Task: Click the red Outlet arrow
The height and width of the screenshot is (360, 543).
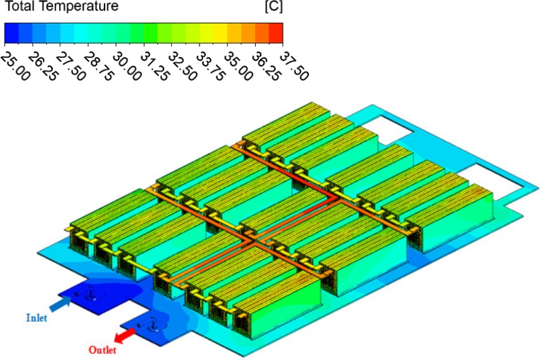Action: coord(125,336)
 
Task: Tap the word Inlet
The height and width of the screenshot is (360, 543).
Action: coord(37,317)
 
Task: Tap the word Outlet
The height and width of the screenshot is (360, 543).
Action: coord(102,350)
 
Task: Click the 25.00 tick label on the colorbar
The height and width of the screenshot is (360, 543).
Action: coord(15,67)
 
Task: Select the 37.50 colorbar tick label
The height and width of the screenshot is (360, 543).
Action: coord(294,67)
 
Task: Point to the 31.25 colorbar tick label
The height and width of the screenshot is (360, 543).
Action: coord(155,67)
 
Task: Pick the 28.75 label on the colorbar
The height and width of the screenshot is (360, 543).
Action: coord(98,67)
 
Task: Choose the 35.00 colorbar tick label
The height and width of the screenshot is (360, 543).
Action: coord(238,67)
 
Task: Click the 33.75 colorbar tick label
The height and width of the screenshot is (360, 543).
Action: coord(210,67)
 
